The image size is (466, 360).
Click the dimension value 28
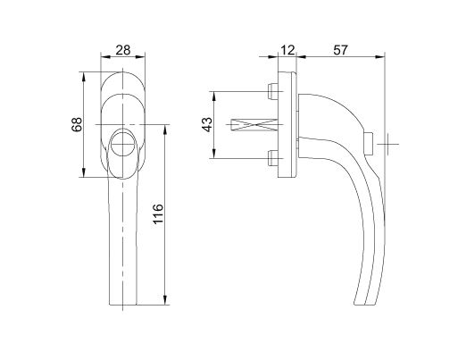[x=123, y=50]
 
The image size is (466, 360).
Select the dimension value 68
[x=77, y=124]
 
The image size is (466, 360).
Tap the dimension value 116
[x=158, y=213]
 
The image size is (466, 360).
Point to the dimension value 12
[x=287, y=50]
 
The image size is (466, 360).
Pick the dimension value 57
[x=340, y=50]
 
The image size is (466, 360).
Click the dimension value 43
[x=207, y=124]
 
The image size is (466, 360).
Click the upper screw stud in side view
[x=272, y=91]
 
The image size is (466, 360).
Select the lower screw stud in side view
[x=272, y=158]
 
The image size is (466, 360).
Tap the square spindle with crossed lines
[x=254, y=125]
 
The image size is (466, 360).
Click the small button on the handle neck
[x=369, y=144]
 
